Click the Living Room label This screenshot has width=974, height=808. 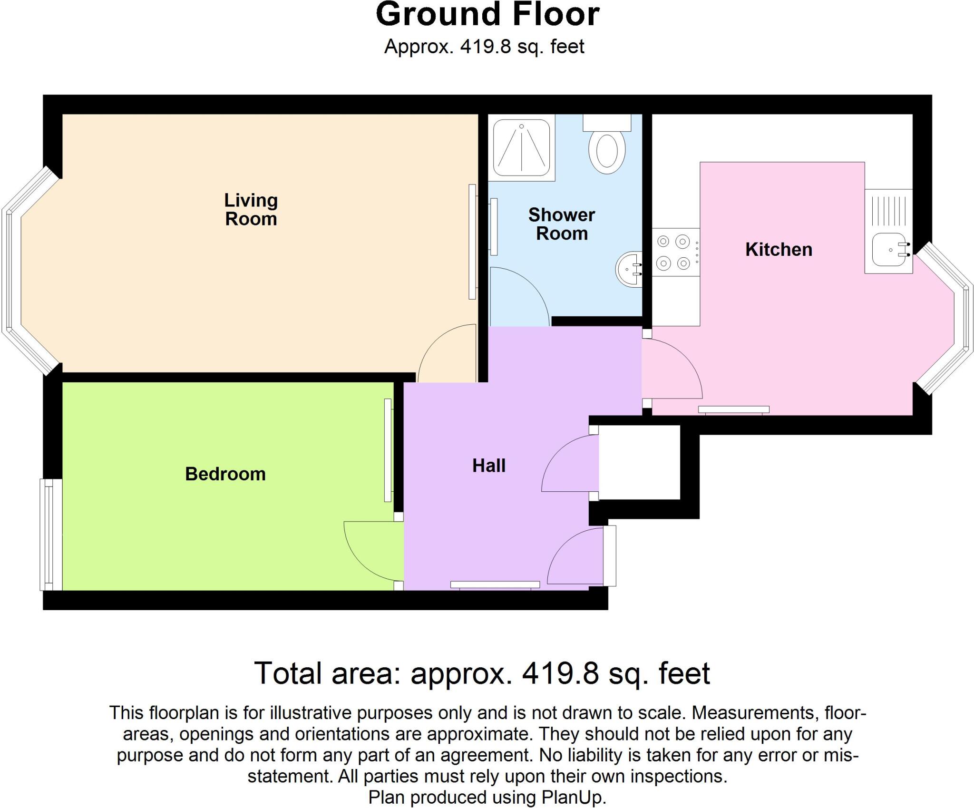click(x=251, y=210)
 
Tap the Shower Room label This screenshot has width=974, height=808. click(x=562, y=224)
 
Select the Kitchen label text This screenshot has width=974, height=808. click(x=779, y=250)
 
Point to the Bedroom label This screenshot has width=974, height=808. click(x=225, y=474)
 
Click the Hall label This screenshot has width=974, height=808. click(x=489, y=466)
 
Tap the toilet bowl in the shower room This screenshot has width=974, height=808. click(x=607, y=151)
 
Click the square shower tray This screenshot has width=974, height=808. click(x=522, y=147)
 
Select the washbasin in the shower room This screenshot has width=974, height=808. click(x=629, y=270)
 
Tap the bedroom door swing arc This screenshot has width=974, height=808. click(x=369, y=552)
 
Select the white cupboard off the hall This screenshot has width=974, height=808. click(x=639, y=462)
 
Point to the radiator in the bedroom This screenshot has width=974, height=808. click(x=388, y=450)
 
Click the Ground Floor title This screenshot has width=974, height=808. click(x=487, y=15)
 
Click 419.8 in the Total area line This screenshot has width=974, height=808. click(x=560, y=673)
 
